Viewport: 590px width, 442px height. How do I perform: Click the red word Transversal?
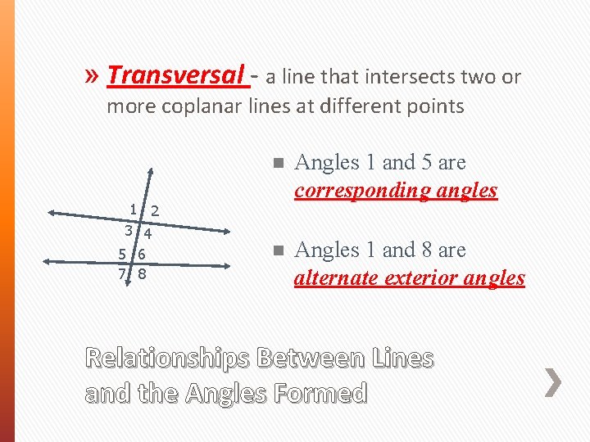click(175, 75)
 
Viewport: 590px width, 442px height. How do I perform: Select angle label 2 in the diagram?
click(155, 211)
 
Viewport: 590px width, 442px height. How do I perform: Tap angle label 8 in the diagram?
click(142, 273)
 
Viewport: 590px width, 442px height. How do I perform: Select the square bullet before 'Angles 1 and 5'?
click(279, 163)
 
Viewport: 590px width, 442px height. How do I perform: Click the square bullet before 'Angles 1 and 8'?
click(279, 250)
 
